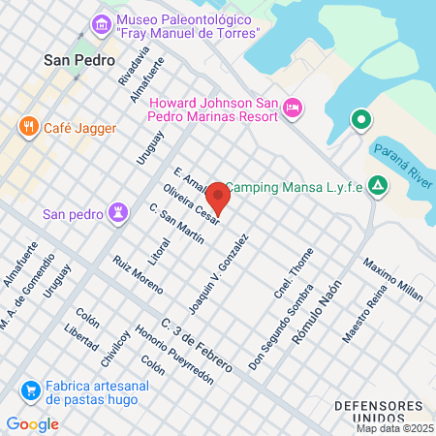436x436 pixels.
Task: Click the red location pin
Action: click(219, 197)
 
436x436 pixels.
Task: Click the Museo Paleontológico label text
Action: click(188, 26)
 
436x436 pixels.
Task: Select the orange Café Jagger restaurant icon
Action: click(29, 126)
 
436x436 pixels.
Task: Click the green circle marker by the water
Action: click(360, 120)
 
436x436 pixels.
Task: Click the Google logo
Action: click(32, 423)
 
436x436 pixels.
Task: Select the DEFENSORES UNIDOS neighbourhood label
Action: click(377, 411)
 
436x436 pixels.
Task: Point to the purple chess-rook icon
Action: click(119, 212)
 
